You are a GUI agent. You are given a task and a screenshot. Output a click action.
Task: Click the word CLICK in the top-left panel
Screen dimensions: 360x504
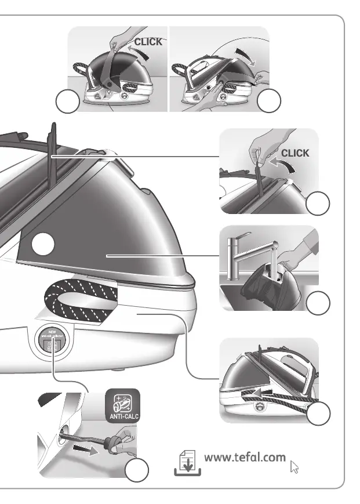pyautogui.click(x=148, y=42)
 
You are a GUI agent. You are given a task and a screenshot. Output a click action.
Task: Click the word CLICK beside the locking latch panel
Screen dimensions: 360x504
pyautogui.click(x=295, y=153)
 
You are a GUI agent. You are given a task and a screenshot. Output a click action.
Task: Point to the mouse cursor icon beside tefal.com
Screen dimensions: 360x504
pyautogui.click(x=294, y=465)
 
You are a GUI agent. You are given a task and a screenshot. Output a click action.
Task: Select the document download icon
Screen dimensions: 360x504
pyautogui.click(x=187, y=462)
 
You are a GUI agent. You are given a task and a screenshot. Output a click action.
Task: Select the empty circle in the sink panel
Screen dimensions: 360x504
pyautogui.click(x=318, y=302)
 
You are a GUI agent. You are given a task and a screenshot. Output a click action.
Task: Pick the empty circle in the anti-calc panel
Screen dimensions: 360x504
pyautogui.click(x=137, y=472)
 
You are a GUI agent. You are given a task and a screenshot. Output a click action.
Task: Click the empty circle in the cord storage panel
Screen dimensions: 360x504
pyautogui.click(x=318, y=414)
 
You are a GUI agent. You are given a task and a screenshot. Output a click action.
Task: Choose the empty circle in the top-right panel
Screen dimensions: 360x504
pyautogui.click(x=268, y=103)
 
